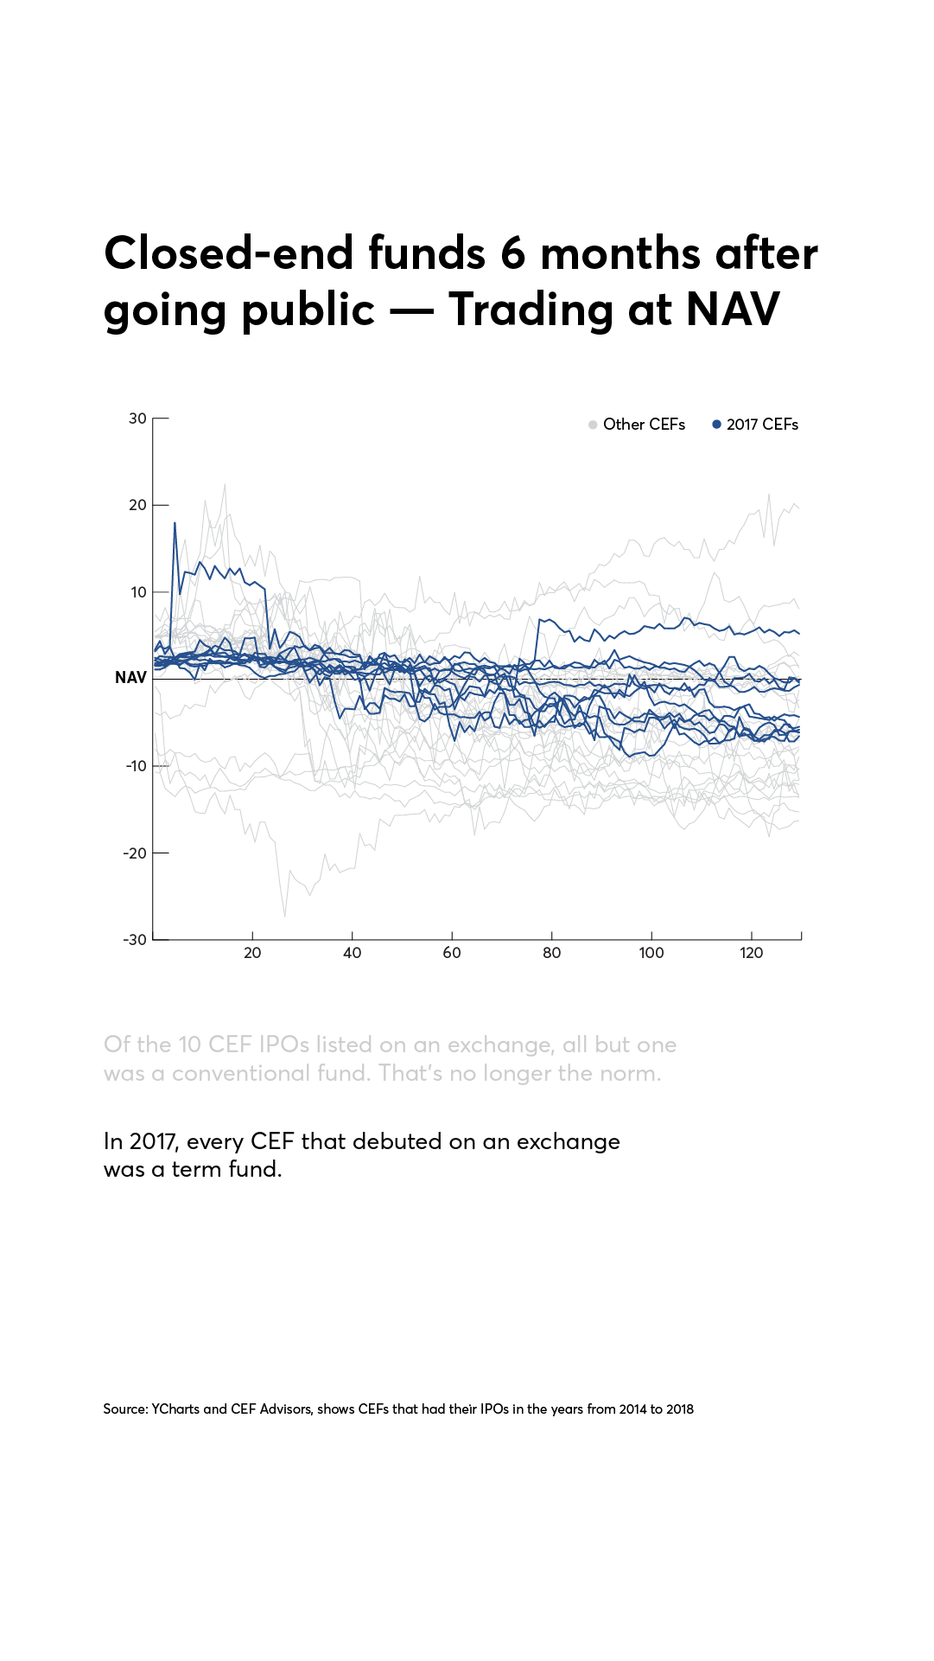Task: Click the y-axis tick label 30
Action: coord(137,418)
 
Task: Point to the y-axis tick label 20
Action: coord(137,505)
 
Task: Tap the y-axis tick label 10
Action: coord(138,592)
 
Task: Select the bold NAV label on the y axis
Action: coord(130,678)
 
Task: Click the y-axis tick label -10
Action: coord(136,766)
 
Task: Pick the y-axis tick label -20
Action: coord(136,853)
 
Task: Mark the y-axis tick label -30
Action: coord(136,940)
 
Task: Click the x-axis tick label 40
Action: coord(352,953)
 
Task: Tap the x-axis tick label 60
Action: coord(452,953)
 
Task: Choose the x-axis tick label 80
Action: coord(551,953)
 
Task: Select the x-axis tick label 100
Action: coord(651,953)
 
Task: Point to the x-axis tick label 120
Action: coord(751,953)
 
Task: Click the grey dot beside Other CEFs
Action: coord(593,425)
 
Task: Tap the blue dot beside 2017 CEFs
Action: coord(716,425)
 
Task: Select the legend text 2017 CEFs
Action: coord(762,425)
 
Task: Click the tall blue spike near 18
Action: coord(175,524)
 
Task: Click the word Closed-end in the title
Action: coord(229,253)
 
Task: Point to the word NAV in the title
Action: coord(733,310)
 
